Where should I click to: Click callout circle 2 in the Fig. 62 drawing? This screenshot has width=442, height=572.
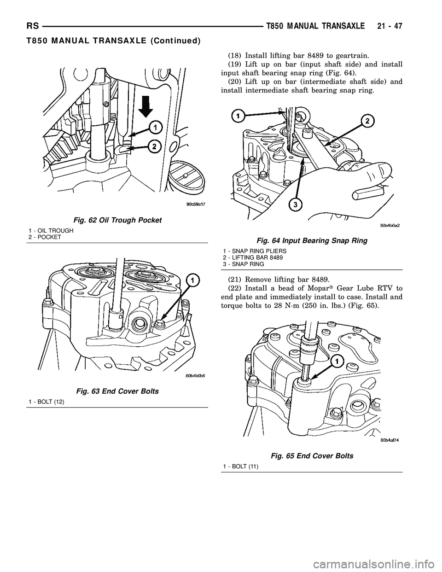click(154, 147)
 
